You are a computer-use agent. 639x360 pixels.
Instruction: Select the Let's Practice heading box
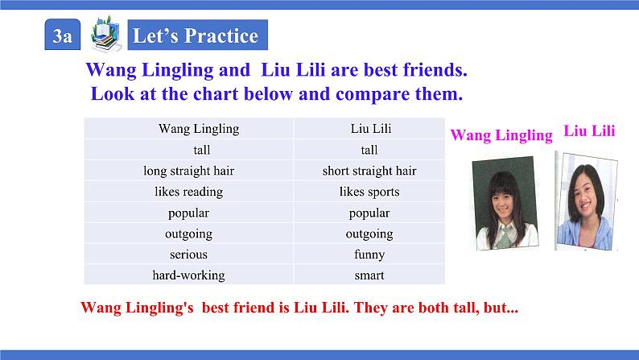click(196, 36)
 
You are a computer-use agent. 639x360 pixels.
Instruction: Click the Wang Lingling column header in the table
click(199, 128)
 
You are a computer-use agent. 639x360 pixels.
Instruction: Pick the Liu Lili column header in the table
click(371, 128)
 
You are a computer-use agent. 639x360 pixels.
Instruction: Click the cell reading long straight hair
click(189, 171)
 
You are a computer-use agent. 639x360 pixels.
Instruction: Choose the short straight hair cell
click(369, 171)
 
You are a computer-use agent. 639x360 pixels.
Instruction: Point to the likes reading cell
click(189, 192)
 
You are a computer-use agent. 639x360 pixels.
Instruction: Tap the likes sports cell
click(369, 192)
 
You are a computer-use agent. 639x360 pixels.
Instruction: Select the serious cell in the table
click(189, 254)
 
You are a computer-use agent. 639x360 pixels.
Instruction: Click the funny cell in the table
click(369, 254)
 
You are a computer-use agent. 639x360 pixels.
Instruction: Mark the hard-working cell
click(189, 275)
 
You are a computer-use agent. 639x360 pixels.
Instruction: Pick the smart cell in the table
click(369, 275)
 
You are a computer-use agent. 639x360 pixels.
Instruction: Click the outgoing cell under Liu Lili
click(369, 234)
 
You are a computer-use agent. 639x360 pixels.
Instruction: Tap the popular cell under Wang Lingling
click(189, 213)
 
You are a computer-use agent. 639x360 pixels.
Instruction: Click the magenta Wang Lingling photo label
click(501, 135)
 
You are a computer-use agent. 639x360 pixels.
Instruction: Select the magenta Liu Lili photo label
click(590, 131)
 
